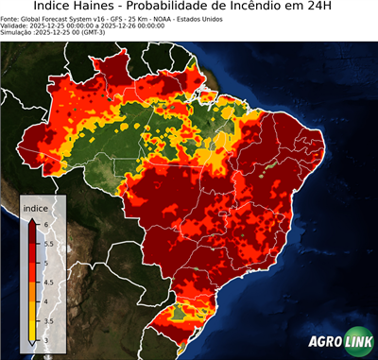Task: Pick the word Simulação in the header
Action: coord(18,32)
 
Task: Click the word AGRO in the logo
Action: coord(323,342)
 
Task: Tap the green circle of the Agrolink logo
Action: coord(358,342)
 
